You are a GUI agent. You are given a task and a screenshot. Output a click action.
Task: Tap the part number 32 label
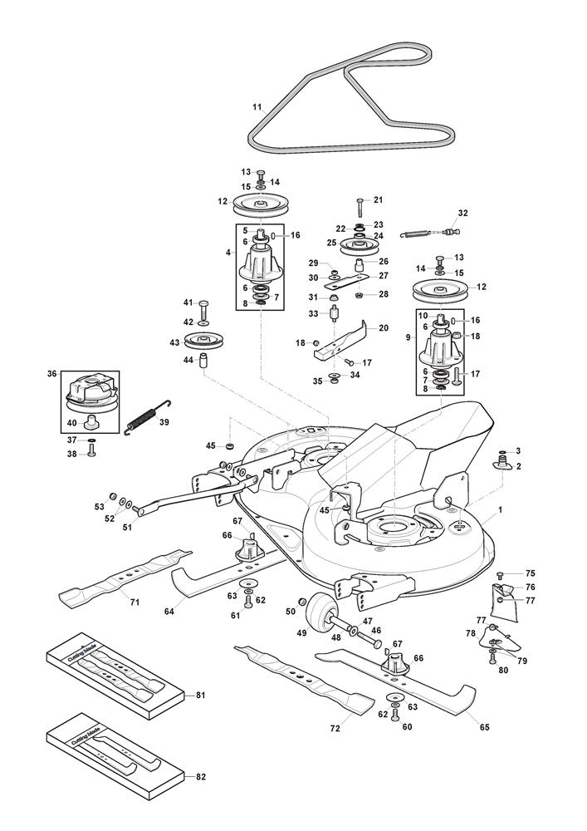tap(462, 213)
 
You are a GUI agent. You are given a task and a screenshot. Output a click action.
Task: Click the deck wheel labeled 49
tap(319, 617)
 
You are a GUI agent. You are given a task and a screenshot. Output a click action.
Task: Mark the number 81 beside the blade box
tap(199, 694)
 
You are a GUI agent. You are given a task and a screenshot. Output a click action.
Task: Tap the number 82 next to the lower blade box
tap(199, 776)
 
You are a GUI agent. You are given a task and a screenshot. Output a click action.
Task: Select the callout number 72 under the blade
tap(335, 729)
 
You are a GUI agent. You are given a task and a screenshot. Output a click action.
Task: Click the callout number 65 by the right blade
tap(484, 727)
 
